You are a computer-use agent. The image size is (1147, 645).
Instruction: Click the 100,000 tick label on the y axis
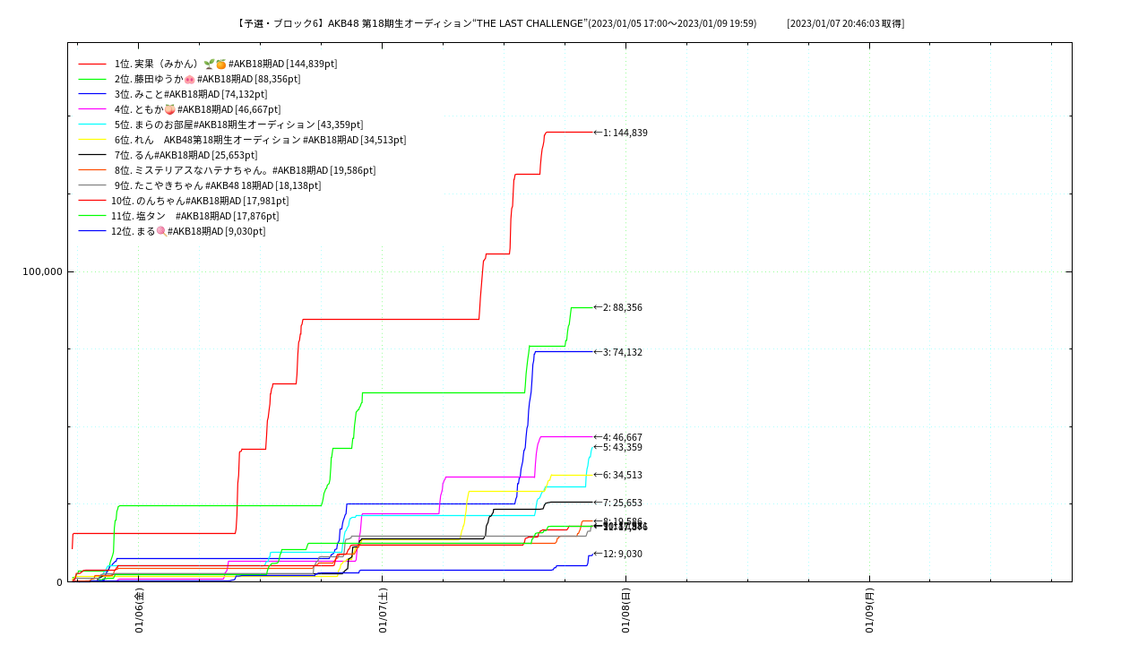click(42, 271)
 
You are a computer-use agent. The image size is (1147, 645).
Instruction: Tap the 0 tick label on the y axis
click(59, 582)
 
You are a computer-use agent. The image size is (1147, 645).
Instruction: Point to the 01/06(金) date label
click(139, 611)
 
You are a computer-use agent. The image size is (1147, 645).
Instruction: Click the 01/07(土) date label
click(383, 611)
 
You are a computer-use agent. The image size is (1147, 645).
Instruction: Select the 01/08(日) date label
click(625, 611)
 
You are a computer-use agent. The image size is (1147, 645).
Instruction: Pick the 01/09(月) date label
click(869, 611)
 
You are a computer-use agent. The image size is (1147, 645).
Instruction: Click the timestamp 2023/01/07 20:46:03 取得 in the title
click(845, 23)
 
